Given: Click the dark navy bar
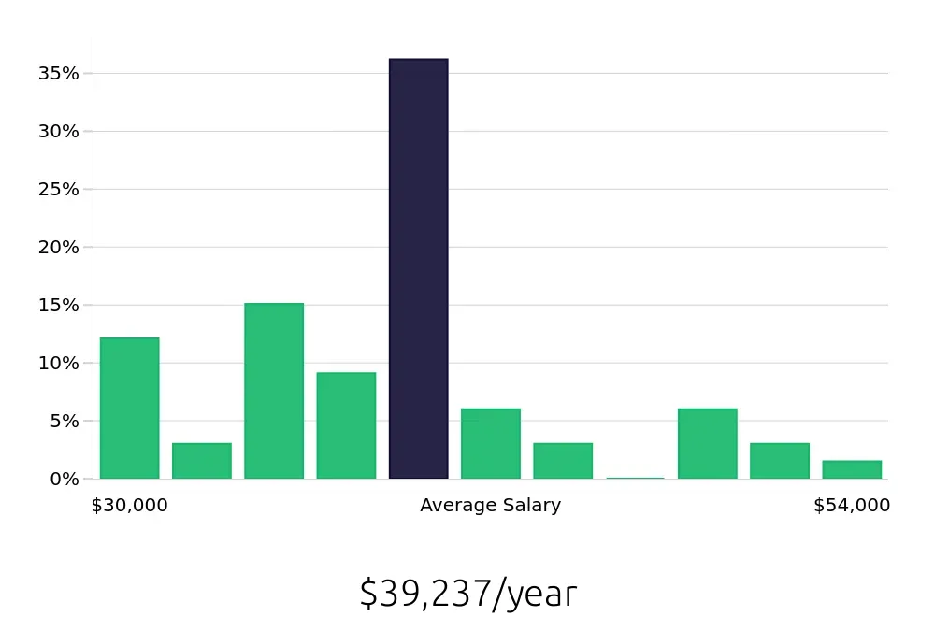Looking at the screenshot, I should [418, 269].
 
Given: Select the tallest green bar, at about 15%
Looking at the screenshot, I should [274, 391].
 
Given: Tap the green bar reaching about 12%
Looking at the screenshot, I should [129, 408].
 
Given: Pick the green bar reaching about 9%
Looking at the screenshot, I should [346, 425].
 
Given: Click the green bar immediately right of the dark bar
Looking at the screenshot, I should [490, 443].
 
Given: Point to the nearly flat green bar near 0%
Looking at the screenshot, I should [635, 478].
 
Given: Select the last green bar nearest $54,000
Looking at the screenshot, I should [852, 469].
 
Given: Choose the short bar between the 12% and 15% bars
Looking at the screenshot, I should [202, 461].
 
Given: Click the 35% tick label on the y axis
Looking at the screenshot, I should [58, 73].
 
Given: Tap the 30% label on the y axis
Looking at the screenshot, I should [58, 131].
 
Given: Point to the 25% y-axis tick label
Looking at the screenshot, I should [58, 189].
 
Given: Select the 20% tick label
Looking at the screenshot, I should [58, 247].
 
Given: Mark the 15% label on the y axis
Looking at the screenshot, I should [58, 305].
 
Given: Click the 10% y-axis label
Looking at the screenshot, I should [58, 363].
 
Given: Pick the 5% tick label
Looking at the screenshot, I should [63, 421].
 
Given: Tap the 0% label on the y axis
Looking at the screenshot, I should [63, 479].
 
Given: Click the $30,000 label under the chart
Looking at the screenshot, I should [129, 506].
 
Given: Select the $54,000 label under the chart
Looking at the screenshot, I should [852, 506].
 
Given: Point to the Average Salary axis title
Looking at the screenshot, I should [490, 506].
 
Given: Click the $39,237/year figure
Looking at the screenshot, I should [467, 594].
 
